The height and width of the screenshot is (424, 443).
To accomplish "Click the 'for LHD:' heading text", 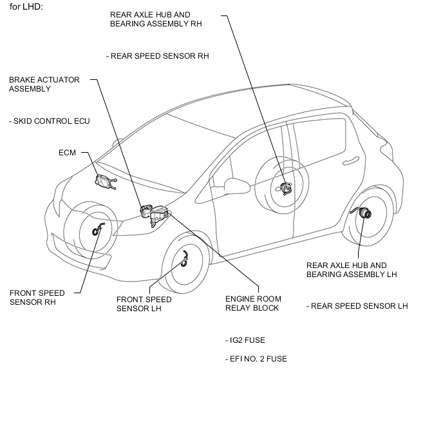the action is coord(26,7).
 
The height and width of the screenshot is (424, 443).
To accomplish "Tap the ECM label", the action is coord(67,153).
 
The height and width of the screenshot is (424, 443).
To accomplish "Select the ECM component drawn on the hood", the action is coord(106,182).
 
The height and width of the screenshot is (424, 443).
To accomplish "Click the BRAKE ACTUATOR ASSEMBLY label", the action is coord(44,84).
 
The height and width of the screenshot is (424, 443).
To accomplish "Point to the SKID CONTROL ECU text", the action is coord(50,121).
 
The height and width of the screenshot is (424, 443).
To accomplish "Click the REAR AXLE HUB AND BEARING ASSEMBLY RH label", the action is coord(156,19).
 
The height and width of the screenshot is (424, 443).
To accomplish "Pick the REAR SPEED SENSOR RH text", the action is coord(158,56).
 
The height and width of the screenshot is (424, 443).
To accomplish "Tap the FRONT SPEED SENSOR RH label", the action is coord(37,297).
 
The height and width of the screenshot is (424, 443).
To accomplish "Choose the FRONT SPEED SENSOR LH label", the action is coord(144,304).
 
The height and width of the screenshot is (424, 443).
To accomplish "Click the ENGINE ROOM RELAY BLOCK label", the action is coord(253,304).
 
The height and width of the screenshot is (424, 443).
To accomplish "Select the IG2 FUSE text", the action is coord(245,340).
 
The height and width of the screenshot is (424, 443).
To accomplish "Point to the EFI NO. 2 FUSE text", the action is coord(256,359).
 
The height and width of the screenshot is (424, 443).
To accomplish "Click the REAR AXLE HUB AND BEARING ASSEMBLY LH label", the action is coord(352,270).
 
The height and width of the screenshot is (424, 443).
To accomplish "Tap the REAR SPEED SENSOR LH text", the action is coord(357,306).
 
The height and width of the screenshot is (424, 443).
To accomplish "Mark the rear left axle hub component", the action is coord(363,212).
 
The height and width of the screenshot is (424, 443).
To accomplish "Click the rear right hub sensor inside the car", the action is coord(285,188).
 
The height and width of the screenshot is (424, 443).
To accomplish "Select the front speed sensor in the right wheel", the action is coord(98,229).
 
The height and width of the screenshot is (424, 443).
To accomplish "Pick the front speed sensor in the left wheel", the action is coord(185,259).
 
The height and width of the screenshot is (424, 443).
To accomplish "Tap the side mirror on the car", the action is coord(237,185).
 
